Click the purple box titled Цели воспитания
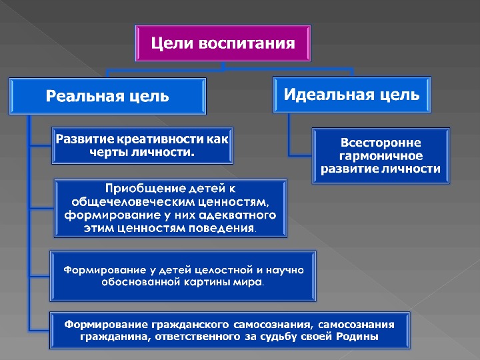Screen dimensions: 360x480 click(x=223, y=45)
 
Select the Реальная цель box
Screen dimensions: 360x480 click(x=107, y=96)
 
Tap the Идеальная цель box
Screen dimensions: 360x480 click(x=352, y=94)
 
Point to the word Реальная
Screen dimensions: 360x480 click(x=77, y=96)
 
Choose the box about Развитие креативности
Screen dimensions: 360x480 click(x=143, y=145)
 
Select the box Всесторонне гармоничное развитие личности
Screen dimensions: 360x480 click(x=381, y=155)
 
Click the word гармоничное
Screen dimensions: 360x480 click(x=381, y=155)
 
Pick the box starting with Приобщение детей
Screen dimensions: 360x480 click(x=170, y=208)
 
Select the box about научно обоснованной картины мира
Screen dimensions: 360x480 click(x=184, y=276)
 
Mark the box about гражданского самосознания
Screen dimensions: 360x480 click(x=229, y=331)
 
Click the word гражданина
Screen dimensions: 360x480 click(x=110, y=337)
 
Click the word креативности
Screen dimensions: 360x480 click(x=153, y=139)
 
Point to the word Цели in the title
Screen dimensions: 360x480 click(x=167, y=44)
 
